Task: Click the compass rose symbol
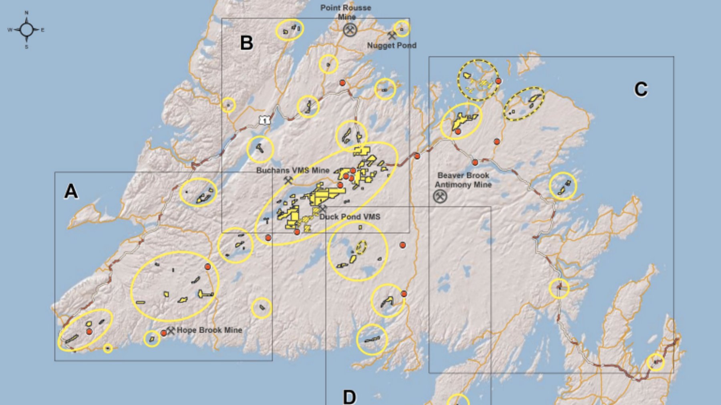tap(26, 30)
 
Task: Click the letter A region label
tap(71, 191)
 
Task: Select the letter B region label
tap(246, 43)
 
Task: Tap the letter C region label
tap(640, 89)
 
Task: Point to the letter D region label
tap(349, 397)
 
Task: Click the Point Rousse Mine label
tap(346, 12)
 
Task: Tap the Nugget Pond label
tap(392, 45)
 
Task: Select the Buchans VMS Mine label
tap(293, 170)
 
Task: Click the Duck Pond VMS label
tap(349, 217)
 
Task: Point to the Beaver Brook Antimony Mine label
tap(463, 180)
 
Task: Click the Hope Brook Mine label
tap(209, 330)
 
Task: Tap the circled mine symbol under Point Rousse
tap(350, 29)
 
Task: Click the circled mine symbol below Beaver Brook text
tap(440, 196)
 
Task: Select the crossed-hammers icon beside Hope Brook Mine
tap(171, 330)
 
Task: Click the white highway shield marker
tap(264, 120)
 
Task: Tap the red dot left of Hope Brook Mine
tap(164, 333)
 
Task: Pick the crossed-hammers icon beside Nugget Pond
tap(392, 36)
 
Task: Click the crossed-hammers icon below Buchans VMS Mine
tap(288, 181)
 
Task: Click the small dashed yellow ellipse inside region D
tap(361, 247)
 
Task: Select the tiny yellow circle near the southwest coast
tap(107, 348)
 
